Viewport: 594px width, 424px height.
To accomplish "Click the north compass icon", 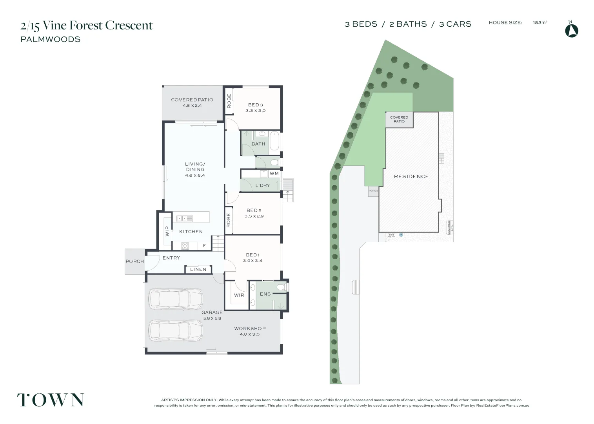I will [x=571, y=30].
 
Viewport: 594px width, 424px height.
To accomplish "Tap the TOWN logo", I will [x=50, y=400].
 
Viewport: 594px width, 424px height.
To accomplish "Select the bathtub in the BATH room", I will [x=274, y=141].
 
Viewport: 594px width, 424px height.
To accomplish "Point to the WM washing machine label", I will [x=274, y=174].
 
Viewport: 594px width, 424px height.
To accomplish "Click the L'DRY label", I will [x=262, y=185].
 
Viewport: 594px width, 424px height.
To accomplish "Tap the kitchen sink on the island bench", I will [x=184, y=218].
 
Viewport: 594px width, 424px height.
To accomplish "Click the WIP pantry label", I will [x=167, y=231].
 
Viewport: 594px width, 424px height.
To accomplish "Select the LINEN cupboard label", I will [x=198, y=269].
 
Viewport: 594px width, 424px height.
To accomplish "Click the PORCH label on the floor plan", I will [x=134, y=261].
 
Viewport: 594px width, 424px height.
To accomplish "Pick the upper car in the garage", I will [x=176, y=299].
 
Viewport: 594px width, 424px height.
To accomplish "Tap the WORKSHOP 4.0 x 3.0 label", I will [x=250, y=331].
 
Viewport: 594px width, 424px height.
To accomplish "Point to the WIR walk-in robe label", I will [x=239, y=295].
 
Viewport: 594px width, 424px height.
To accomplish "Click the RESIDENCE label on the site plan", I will [x=411, y=177].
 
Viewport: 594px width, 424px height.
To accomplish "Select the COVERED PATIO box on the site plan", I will [x=399, y=119].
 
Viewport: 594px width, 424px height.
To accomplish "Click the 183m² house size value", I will [x=540, y=23].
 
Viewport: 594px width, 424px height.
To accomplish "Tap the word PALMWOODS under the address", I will [x=51, y=39].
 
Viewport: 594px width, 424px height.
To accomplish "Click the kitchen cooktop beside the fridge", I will [x=185, y=246].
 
